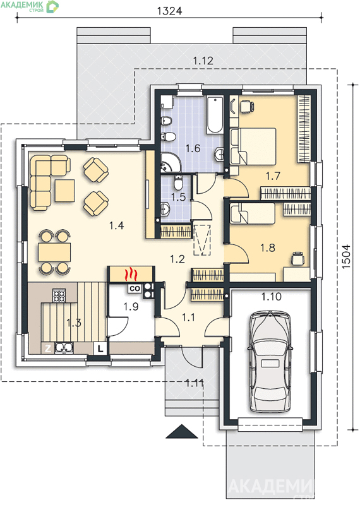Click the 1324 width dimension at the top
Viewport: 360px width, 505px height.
(x=169, y=11)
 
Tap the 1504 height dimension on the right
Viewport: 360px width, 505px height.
(x=346, y=256)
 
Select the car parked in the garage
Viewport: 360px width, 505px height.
(x=270, y=361)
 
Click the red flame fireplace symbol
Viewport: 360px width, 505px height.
(x=131, y=274)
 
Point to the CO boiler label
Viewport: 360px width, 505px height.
(x=135, y=288)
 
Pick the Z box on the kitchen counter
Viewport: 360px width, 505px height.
(x=48, y=348)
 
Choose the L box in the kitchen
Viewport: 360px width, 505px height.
(x=100, y=348)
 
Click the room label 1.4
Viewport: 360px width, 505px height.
(x=116, y=225)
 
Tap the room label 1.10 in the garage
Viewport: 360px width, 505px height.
(x=272, y=296)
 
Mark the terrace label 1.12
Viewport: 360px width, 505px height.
(x=203, y=61)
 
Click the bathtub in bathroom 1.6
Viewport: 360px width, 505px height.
(x=215, y=114)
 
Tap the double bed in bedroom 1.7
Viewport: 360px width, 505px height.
(x=253, y=146)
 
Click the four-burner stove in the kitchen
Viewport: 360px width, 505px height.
(x=59, y=295)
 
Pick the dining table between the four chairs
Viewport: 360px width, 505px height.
(x=54, y=252)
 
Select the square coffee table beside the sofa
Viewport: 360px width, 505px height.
(x=64, y=191)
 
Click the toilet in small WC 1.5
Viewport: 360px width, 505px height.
(x=177, y=183)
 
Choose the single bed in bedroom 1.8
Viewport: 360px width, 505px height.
(x=253, y=213)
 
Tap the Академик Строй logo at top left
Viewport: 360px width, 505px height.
(x=30, y=6)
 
